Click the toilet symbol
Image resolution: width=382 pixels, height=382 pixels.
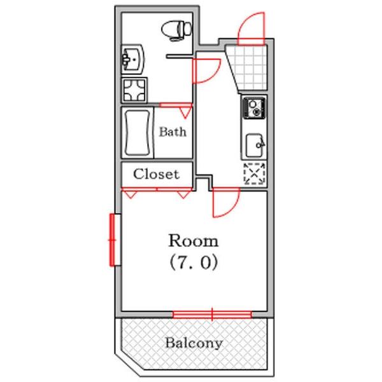[x=176, y=31]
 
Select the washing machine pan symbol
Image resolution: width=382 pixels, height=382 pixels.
[x=134, y=90]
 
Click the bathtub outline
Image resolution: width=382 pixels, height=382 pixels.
[x=138, y=133]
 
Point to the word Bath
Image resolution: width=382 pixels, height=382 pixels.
[x=173, y=132]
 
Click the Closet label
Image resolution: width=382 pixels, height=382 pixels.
[x=156, y=174]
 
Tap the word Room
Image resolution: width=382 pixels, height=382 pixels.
[x=194, y=241]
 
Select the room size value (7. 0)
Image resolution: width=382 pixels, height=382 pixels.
[x=194, y=262]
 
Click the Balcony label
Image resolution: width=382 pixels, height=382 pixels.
[x=194, y=343]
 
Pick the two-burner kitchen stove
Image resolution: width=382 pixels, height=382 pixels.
[x=254, y=108]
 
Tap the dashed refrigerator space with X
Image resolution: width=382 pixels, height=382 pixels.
[x=254, y=173]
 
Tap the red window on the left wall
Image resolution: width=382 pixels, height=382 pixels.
[x=112, y=240]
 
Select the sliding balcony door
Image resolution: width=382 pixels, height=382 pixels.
[x=212, y=315]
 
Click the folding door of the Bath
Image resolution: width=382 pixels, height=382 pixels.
[x=176, y=110]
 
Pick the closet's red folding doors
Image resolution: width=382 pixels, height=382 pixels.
[x=157, y=192]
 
